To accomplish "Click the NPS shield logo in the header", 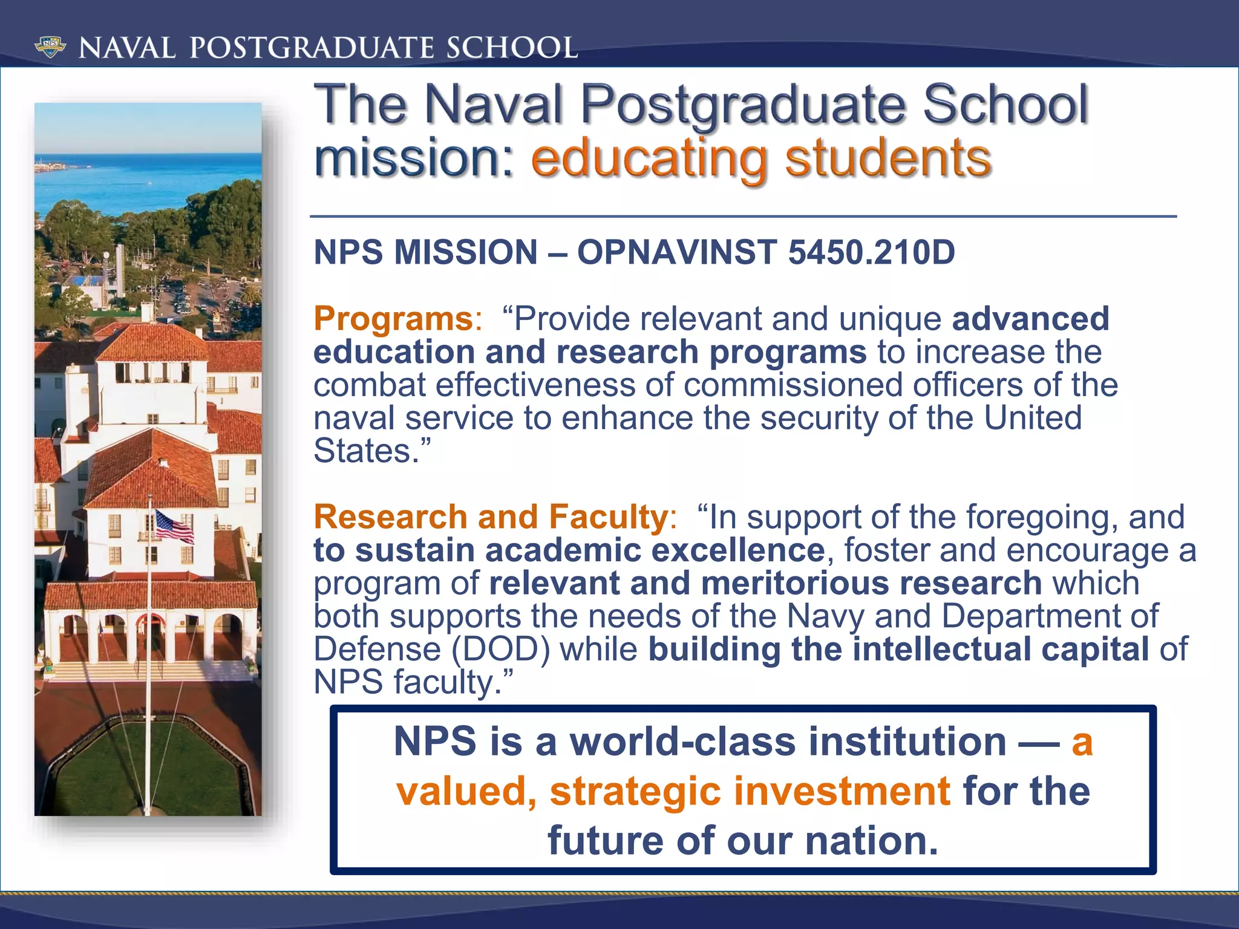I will pos(50,47).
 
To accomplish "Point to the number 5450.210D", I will pos(871,252).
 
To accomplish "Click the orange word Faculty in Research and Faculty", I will pos(607,517).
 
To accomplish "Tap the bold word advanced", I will pos(1030,319).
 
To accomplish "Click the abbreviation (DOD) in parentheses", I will pos(501,649).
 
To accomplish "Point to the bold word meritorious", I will pos(794,583).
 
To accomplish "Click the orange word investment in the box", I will pos(842,791).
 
